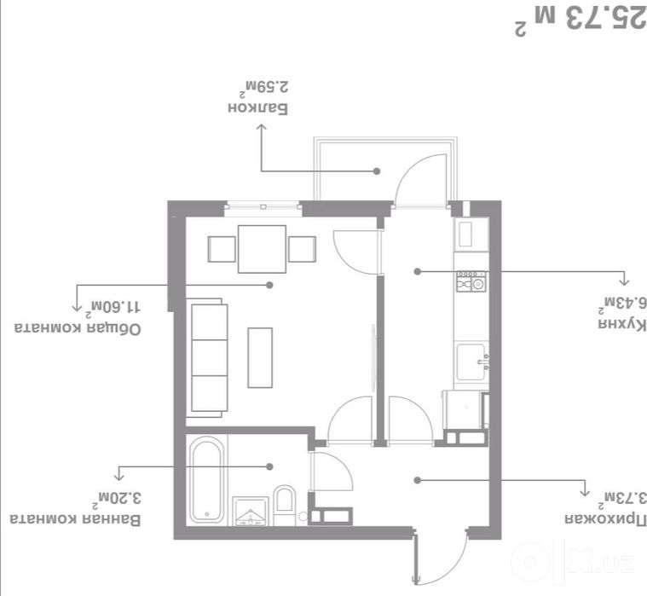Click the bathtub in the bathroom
207,480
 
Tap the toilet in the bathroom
285,505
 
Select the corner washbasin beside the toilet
251,512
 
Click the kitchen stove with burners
471,281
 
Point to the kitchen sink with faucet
472,362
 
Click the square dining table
262,249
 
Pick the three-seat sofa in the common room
207,357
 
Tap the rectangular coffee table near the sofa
260,358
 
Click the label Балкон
258,108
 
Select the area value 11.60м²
113,308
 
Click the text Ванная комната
75,519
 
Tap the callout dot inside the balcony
376,171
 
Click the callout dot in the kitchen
417,272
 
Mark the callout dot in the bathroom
269,466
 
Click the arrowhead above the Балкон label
261,128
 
